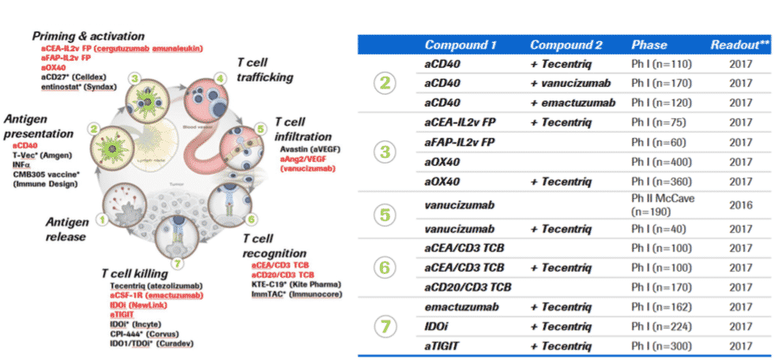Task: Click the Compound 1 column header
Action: click(460, 45)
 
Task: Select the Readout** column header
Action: click(739, 45)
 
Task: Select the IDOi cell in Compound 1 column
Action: click(438, 327)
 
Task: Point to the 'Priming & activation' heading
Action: click(88, 36)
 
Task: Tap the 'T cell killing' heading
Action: click(140, 273)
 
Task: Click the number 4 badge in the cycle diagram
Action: click(220, 77)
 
